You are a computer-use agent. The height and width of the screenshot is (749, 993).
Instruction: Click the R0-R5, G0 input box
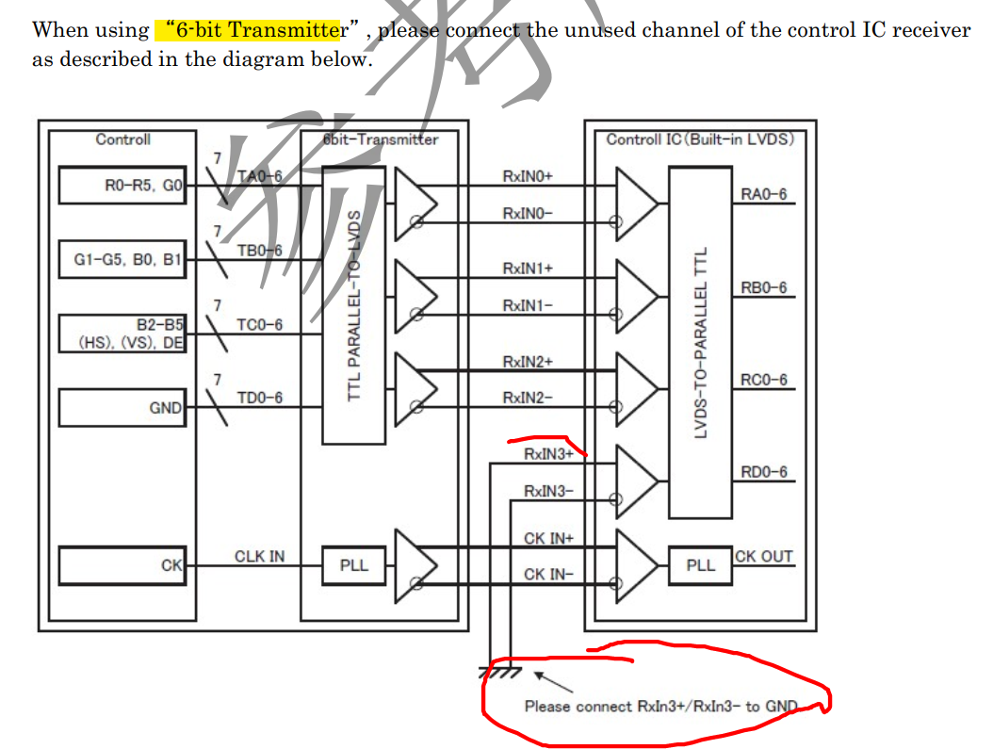[122, 186]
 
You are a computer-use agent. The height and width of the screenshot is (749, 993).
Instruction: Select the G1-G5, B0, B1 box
[122, 259]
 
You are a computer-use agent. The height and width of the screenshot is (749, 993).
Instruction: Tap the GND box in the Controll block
[122, 408]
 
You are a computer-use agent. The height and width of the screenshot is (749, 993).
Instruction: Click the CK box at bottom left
[122, 565]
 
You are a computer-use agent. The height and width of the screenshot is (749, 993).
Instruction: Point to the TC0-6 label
[259, 325]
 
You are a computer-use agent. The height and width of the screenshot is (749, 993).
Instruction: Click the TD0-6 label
[259, 399]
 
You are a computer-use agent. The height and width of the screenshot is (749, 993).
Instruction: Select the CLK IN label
[259, 556]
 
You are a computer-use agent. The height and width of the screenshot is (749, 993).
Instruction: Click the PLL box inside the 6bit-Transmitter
[353, 565]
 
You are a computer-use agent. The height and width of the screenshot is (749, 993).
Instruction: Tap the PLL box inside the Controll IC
[700, 565]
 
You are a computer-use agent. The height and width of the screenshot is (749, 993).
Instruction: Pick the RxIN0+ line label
[528, 176]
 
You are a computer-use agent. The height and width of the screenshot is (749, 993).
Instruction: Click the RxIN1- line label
[528, 305]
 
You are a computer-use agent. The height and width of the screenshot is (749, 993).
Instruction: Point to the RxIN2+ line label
[528, 361]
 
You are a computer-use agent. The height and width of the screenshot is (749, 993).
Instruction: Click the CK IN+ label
[548, 538]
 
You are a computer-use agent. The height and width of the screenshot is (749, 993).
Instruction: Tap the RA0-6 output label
[763, 195]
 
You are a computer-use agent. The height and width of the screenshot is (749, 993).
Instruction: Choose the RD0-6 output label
[763, 472]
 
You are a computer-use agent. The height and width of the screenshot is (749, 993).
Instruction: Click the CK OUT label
[763, 556]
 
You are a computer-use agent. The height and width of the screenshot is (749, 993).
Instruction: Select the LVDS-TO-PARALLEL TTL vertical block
[700, 342]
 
